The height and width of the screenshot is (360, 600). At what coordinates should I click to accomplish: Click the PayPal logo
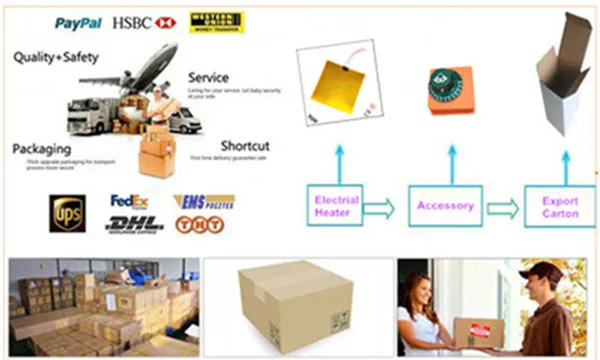coord(79,21)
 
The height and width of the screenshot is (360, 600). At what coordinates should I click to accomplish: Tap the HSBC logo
coord(146,21)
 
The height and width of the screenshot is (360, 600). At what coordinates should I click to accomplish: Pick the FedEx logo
coord(130,202)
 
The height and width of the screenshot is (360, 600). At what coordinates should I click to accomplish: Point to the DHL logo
coord(133,224)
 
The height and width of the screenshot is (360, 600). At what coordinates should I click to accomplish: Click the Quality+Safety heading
coord(56,58)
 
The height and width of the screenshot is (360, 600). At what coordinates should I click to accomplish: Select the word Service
coord(208,77)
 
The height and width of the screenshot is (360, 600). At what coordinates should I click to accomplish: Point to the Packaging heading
coord(41,149)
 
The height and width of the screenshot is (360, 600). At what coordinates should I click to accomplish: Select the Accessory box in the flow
coord(445,206)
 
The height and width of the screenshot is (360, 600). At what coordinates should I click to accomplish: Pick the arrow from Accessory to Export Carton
coord(502,207)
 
